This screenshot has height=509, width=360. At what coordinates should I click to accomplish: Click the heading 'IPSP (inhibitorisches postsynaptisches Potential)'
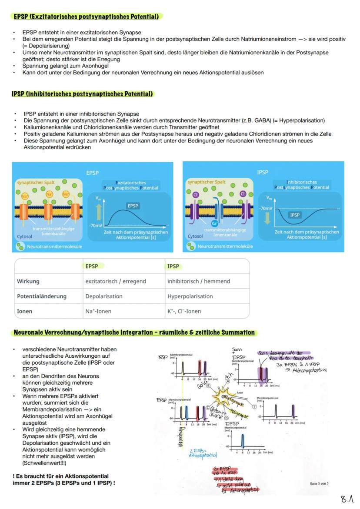click(x=83, y=94)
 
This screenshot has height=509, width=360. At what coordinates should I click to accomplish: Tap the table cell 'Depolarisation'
click(x=104, y=296)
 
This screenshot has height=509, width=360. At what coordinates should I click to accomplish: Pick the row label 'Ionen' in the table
click(x=25, y=311)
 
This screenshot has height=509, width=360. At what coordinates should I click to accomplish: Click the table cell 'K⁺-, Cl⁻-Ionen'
click(x=184, y=311)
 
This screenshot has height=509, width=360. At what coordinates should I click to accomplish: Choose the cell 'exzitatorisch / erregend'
click(x=116, y=281)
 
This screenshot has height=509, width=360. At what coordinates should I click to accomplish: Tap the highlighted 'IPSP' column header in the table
click(x=173, y=266)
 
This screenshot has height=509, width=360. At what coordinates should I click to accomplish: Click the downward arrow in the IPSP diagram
click(x=267, y=217)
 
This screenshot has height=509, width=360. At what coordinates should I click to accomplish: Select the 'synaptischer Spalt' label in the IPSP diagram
click(x=207, y=182)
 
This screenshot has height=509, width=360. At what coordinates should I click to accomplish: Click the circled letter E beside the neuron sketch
click(x=254, y=407)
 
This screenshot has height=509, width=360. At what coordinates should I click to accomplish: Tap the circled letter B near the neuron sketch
click(x=208, y=385)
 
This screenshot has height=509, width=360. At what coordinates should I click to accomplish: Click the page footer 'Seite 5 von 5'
click(x=319, y=483)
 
